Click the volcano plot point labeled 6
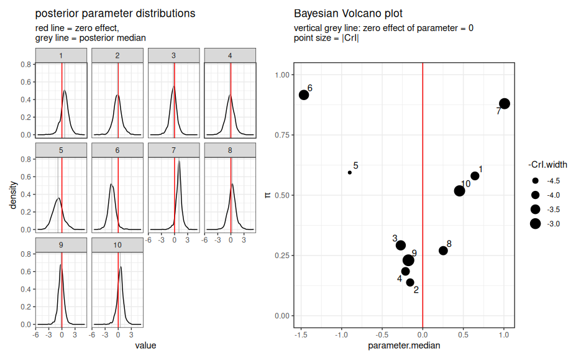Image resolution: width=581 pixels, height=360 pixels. pos(304,95)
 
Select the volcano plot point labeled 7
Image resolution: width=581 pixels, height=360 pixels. pos(505,104)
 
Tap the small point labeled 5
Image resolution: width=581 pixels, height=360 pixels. pos(350,173)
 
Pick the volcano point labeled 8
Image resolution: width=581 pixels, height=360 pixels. pos(443,251)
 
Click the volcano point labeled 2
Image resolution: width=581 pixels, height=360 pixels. pos(410,282)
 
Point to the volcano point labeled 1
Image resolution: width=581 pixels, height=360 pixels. pos(475,176)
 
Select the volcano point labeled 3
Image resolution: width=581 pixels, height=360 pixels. pos(401,246)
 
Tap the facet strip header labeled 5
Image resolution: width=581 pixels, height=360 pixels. pos(61,150)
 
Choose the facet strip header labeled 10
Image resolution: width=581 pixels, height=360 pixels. pos(117,245)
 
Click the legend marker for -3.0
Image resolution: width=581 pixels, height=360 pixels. pos(535,224)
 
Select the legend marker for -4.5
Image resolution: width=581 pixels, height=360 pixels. pos(535,181)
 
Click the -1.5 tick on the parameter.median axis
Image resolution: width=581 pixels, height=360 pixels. pos(301,335)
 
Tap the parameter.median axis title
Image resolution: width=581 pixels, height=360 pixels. pos(404,346)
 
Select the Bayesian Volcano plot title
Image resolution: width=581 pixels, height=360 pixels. pos(348,13)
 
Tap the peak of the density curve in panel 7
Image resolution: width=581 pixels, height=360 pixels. pos(179,161)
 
